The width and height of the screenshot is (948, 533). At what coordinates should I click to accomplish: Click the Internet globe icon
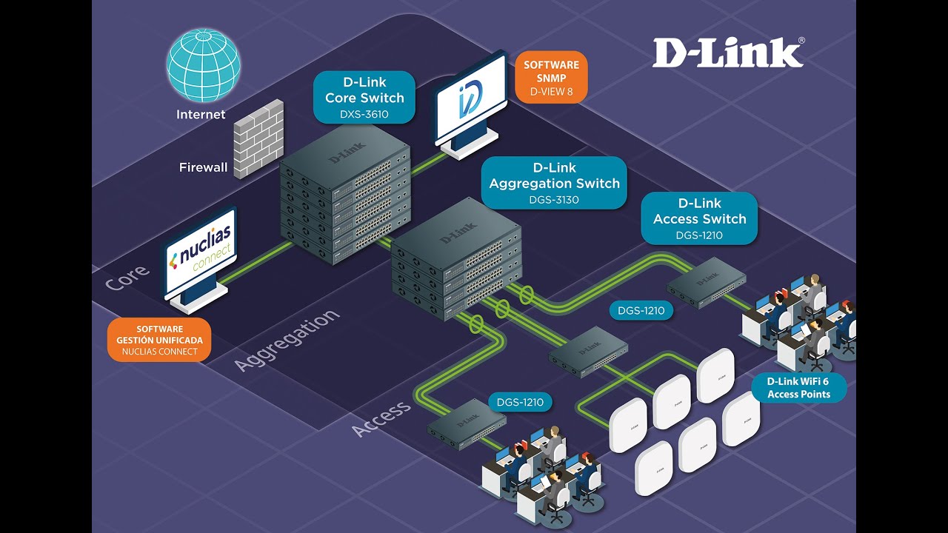pyautogui.click(x=204, y=65)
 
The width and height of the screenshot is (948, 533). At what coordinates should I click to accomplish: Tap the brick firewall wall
pyautogui.click(x=258, y=138)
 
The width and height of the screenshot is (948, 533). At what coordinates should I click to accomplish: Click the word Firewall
pyautogui.click(x=203, y=167)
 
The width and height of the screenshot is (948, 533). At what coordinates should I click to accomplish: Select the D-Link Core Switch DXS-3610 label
pyautogui.click(x=364, y=97)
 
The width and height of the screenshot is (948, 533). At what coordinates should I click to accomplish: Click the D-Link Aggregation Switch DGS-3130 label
pyautogui.click(x=554, y=183)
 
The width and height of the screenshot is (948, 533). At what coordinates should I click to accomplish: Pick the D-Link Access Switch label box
pyautogui.click(x=699, y=218)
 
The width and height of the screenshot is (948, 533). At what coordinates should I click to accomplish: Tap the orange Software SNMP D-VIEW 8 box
pyautogui.click(x=551, y=78)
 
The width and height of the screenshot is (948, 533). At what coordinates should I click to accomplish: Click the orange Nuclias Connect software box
pyautogui.click(x=159, y=340)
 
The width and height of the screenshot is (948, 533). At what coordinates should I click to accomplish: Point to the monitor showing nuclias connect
pyautogui.click(x=199, y=258)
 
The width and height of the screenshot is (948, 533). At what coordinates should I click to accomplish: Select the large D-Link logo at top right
pyautogui.click(x=727, y=53)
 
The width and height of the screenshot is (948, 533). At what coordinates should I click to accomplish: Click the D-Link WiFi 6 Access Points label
pyautogui.click(x=798, y=387)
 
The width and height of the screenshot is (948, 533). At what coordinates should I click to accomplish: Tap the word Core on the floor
pyautogui.click(x=127, y=278)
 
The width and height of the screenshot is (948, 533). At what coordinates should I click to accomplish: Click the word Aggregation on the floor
pyautogui.click(x=287, y=340)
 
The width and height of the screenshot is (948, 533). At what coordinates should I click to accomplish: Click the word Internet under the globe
pyautogui.click(x=201, y=114)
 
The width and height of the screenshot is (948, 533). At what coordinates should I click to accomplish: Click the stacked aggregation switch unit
pyautogui.click(x=456, y=259)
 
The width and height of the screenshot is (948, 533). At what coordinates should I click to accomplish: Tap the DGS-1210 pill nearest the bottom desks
pyautogui.click(x=520, y=402)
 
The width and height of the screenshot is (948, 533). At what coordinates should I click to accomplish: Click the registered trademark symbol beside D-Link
pyautogui.click(x=801, y=41)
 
